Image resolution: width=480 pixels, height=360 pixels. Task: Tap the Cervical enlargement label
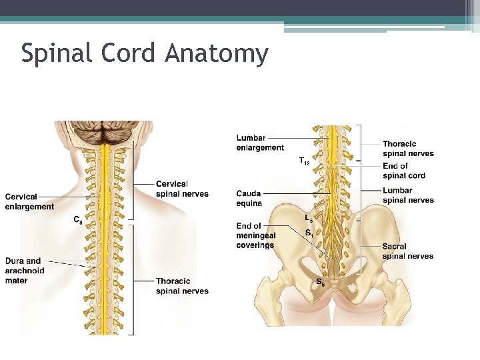click(x=29, y=201)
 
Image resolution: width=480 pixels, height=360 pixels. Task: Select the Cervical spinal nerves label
click(x=182, y=189)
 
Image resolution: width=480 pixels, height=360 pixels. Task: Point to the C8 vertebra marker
click(x=78, y=219)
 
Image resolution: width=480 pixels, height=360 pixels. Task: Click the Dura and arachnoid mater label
click(x=25, y=271)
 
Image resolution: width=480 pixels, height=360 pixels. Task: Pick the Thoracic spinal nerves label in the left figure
click(x=182, y=286)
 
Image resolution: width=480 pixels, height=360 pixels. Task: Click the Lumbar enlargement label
click(x=260, y=143)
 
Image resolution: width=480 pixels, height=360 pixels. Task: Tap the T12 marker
click(x=304, y=161)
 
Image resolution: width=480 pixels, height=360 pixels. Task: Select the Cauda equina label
click(x=249, y=198)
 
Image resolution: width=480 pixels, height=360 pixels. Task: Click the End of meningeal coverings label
click(x=255, y=235)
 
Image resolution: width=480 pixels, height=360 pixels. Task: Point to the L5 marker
click(x=309, y=218)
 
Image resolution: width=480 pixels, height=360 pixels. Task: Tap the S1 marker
click(x=309, y=233)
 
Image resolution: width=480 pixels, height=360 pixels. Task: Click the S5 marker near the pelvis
click(x=321, y=282)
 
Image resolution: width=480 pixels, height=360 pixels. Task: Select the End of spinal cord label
click(x=404, y=171)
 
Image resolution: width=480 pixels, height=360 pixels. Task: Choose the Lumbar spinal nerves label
click(x=408, y=195)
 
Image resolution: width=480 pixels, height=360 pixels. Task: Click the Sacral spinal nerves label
click(x=408, y=251)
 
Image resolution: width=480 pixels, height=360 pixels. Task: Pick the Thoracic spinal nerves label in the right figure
click(x=408, y=149)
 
